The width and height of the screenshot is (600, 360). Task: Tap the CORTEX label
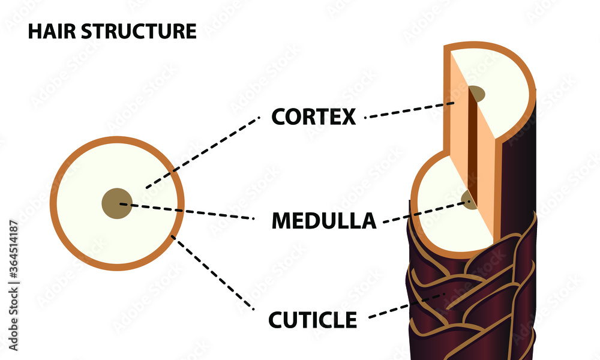(313, 116)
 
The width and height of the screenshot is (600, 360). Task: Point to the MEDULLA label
(324, 221)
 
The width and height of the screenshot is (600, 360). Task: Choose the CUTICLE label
(312, 320)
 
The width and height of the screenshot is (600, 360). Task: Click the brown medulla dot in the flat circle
(117, 203)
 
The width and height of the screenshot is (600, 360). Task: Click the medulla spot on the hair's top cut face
(478, 94)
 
